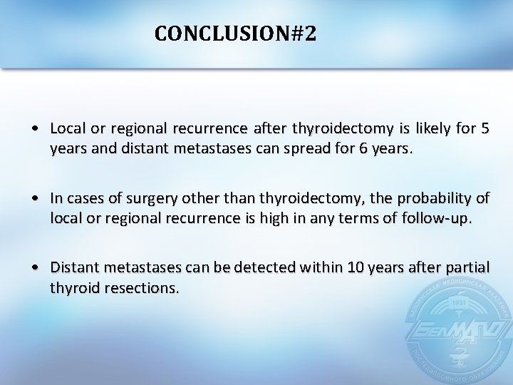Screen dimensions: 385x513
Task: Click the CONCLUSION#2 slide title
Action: tap(234, 34)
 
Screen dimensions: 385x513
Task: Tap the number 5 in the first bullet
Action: tap(485, 128)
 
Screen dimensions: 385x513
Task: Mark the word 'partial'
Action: tap(466, 267)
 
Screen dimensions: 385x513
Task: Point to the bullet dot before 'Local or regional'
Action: tap(35, 129)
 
